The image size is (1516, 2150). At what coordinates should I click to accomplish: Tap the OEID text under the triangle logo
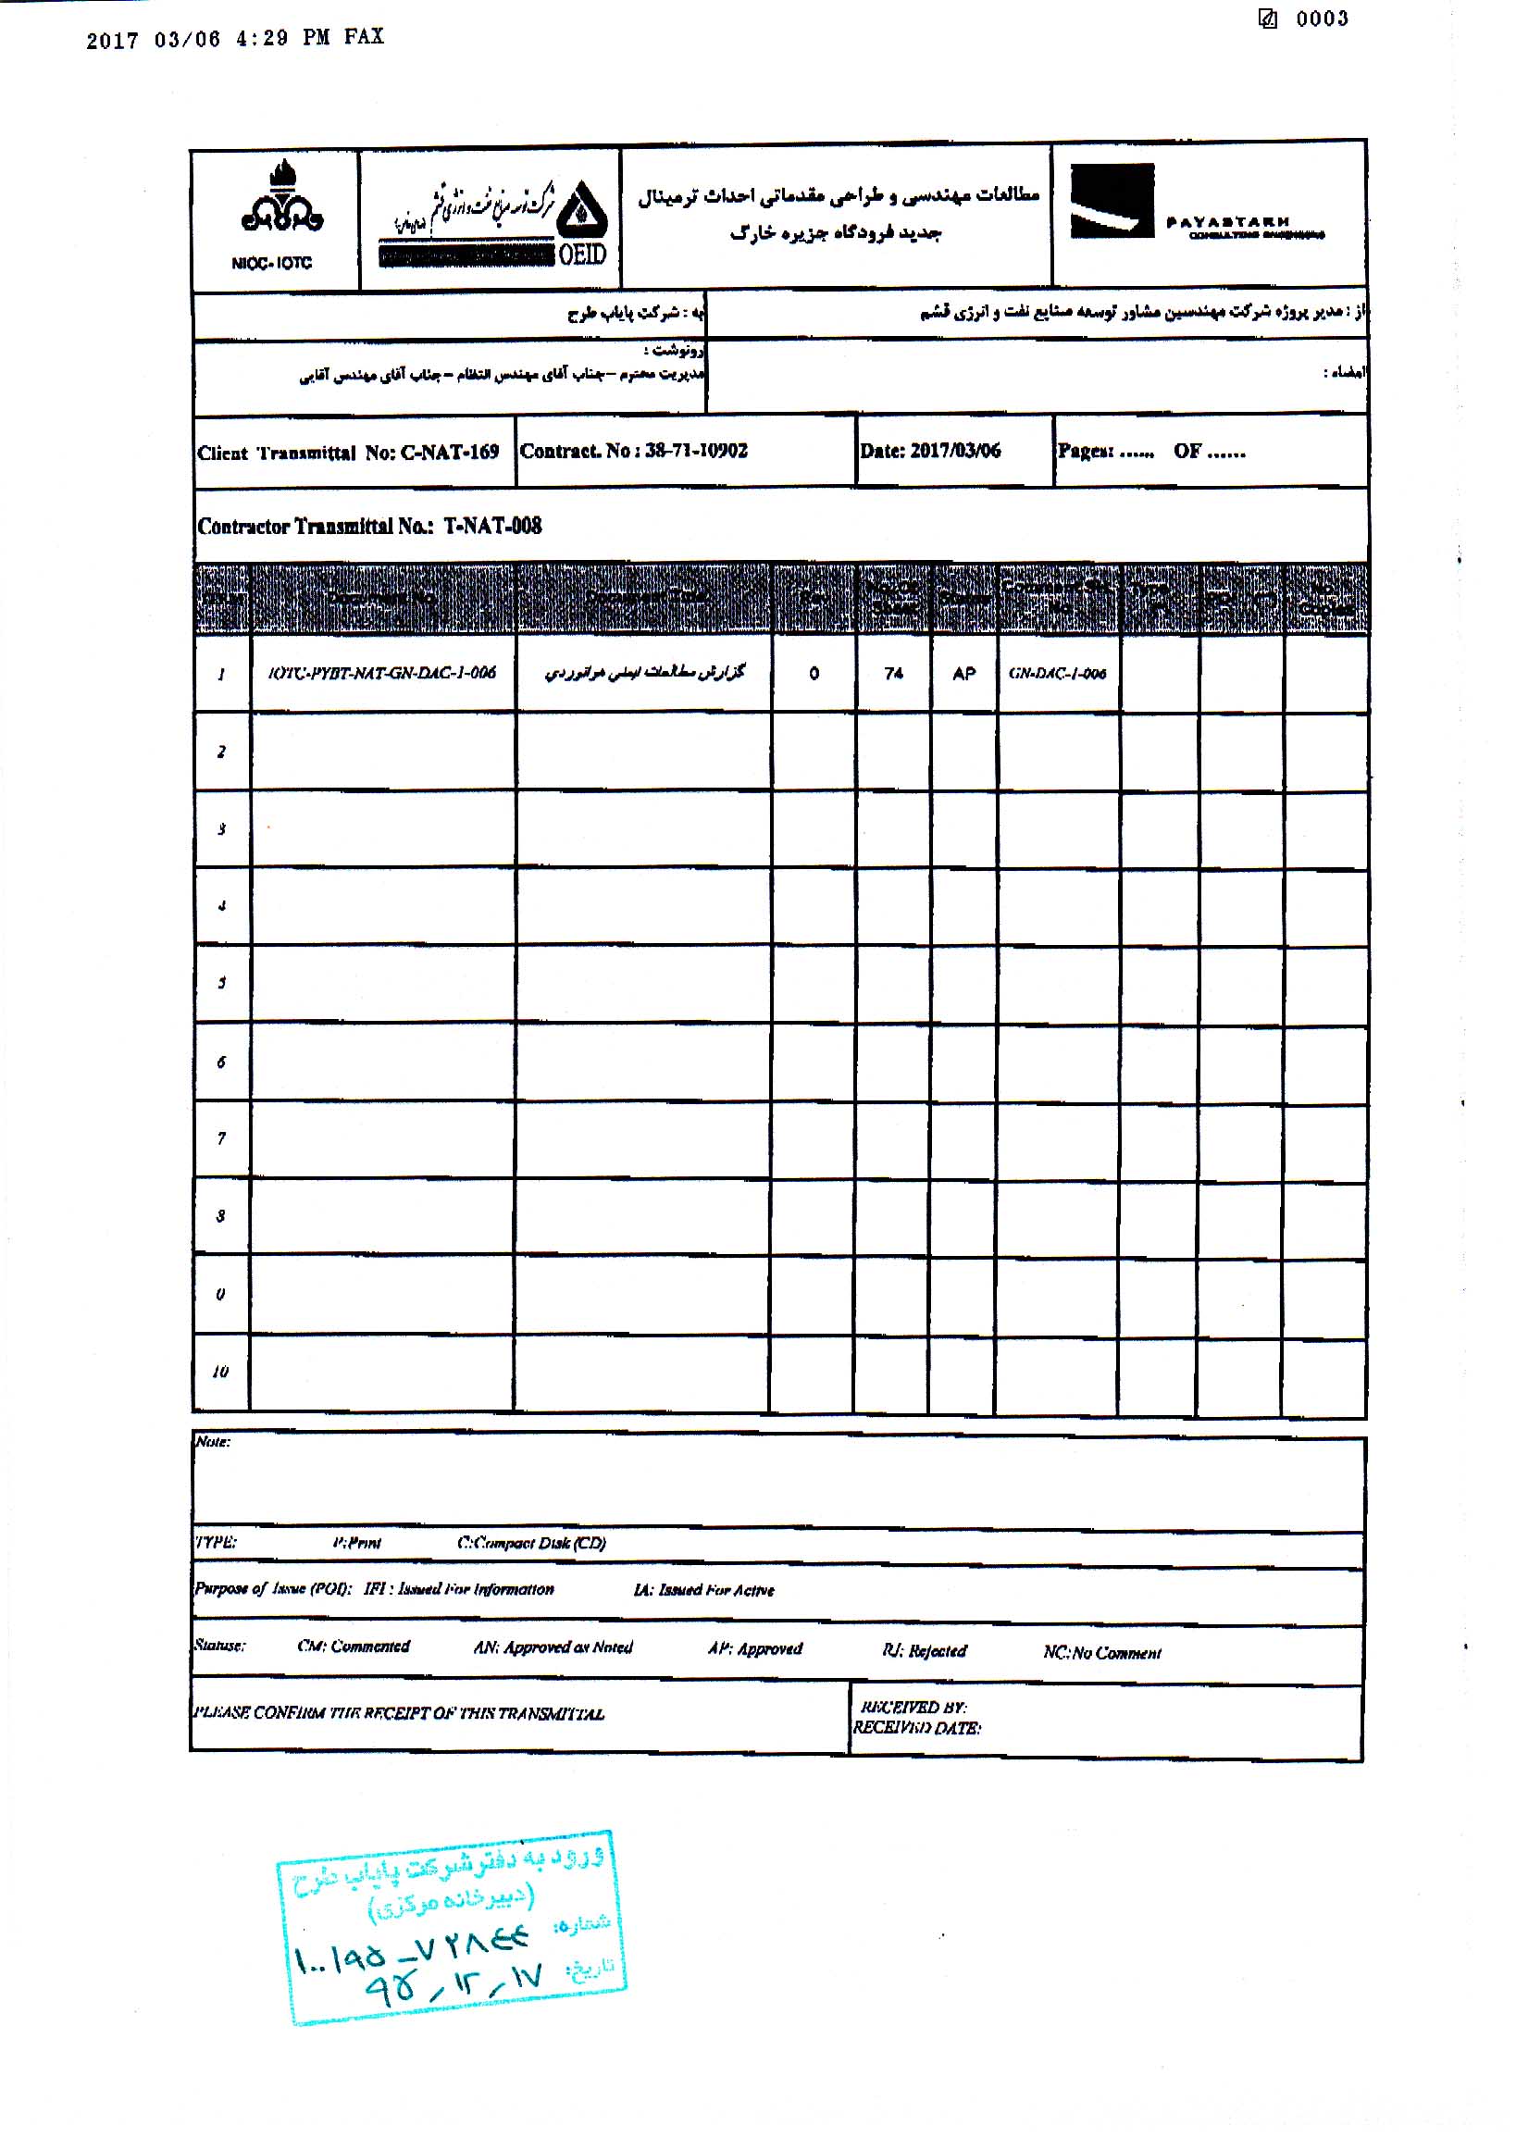click(x=582, y=254)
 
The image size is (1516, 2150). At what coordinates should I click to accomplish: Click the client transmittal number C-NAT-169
click(x=450, y=454)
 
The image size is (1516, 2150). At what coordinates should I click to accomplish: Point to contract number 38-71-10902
click(x=696, y=451)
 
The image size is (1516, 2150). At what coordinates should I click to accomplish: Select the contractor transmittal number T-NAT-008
click(x=491, y=526)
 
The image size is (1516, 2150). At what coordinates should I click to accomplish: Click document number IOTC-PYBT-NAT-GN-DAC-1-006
click(x=382, y=672)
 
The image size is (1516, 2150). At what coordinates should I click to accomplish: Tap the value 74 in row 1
click(x=893, y=673)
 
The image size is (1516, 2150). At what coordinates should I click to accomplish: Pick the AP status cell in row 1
click(x=963, y=673)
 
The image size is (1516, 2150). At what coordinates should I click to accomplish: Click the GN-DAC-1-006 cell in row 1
click(x=1057, y=673)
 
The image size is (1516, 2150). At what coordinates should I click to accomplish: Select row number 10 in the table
click(x=220, y=1372)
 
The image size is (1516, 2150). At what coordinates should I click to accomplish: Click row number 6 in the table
click(x=221, y=1062)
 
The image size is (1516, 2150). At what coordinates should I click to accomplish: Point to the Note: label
click(x=213, y=1441)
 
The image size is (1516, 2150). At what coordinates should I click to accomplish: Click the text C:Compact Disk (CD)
click(x=531, y=1542)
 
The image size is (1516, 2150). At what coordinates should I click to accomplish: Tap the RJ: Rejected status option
click(x=924, y=1650)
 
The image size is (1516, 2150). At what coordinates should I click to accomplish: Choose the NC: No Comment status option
click(x=1101, y=1653)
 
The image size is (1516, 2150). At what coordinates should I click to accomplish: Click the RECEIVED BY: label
click(x=913, y=1707)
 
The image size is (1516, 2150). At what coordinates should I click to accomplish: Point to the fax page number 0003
click(x=1322, y=19)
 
